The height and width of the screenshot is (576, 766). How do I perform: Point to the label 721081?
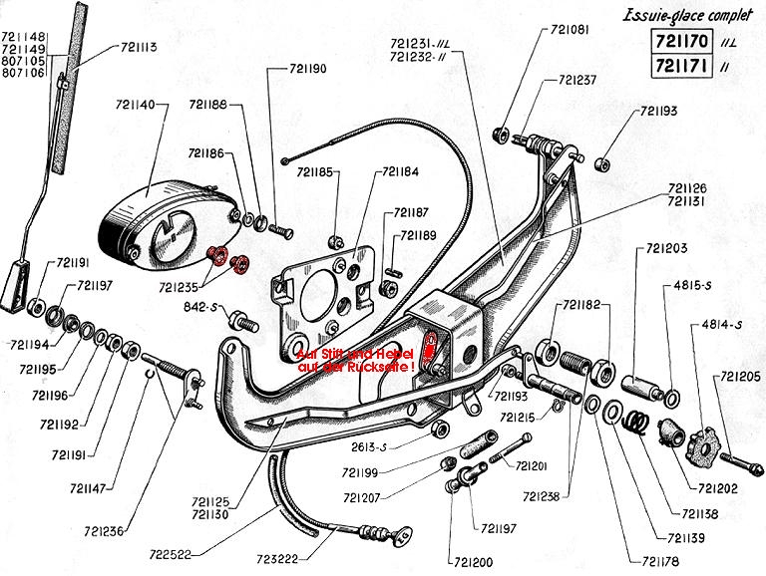[570, 30]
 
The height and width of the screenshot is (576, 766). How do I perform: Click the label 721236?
[103, 531]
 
